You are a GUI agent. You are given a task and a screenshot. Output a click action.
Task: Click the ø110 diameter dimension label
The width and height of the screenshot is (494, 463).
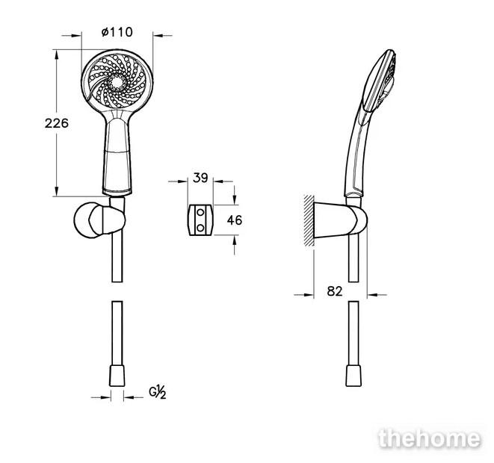tap(117, 32)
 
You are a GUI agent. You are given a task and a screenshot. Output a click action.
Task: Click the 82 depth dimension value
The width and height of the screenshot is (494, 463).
tap(335, 291)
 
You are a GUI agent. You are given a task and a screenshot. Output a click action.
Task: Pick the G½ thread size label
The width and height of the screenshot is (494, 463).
tap(156, 391)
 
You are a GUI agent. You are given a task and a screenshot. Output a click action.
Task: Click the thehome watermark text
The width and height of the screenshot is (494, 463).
tap(429, 439)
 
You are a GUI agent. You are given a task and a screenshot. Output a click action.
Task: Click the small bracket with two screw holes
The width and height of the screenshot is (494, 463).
tap(200, 220)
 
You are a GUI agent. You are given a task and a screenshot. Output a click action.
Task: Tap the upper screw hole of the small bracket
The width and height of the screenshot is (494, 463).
tap(200, 213)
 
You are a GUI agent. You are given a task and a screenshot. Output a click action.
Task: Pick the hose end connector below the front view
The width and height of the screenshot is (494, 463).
tap(117, 376)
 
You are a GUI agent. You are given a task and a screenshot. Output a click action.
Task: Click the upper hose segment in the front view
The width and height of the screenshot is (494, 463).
tap(117, 258)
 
